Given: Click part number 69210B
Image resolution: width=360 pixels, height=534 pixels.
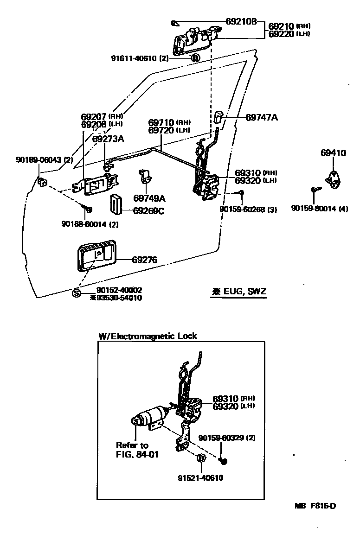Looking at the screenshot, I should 241,22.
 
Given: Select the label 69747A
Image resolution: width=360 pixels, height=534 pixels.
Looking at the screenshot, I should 262,118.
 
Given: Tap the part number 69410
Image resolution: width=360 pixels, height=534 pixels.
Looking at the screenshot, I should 333,153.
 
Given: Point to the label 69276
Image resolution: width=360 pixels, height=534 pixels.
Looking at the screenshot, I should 144,260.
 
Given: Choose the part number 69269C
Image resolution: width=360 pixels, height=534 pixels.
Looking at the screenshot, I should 148,210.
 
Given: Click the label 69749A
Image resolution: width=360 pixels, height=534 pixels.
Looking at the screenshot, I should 149,198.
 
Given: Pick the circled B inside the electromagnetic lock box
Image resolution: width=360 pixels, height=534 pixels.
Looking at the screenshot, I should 201,458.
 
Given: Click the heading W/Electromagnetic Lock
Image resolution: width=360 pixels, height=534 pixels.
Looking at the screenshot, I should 148,336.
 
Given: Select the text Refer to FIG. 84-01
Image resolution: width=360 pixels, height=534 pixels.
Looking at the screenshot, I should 137,450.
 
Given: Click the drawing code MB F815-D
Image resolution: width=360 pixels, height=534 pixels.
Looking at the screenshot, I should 314,506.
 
